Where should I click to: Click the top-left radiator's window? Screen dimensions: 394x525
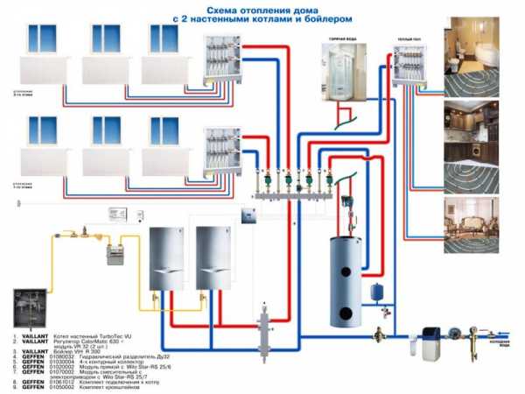point(43,39)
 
